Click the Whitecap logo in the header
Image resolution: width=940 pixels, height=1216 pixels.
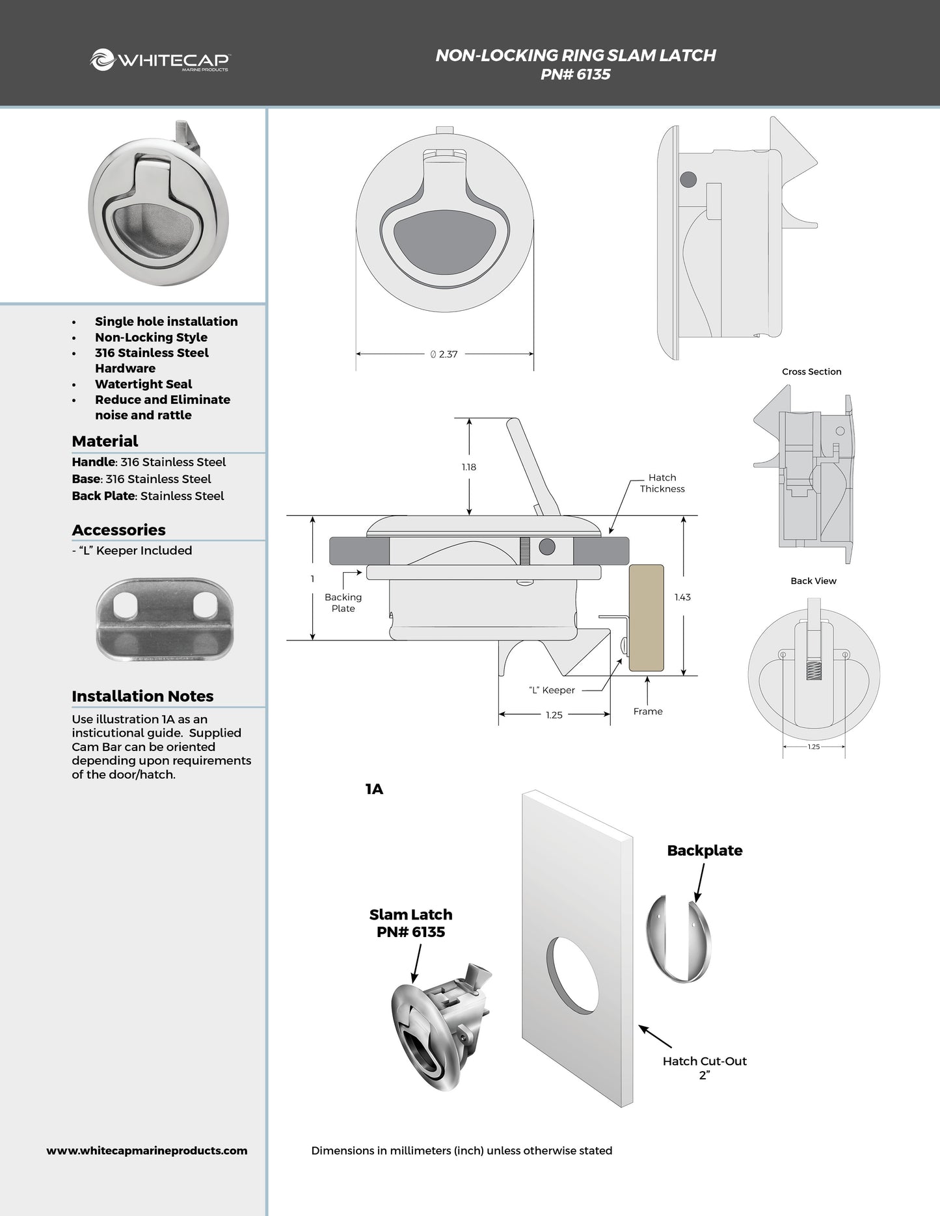[x=160, y=60]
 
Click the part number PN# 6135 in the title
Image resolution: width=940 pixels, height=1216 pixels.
[x=575, y=75]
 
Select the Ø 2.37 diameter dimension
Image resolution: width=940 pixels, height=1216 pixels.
[x=444, y=354]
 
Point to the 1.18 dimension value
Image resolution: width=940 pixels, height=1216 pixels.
[x=468, y=467]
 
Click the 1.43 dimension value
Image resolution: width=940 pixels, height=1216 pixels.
[x=682, y=597]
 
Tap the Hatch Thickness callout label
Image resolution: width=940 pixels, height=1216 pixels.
[x=662, y=483]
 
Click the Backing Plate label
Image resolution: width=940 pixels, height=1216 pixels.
[x=343, y=603]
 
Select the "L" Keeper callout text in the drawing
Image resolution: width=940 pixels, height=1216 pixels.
[x=552, y=690]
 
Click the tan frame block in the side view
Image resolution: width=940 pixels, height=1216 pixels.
[x=646, y=618]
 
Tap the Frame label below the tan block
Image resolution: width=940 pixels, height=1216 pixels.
[x=648, y=711]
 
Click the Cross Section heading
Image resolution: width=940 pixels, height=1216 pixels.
[x=811, y=371]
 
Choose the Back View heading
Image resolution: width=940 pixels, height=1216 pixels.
[x=813, y=581]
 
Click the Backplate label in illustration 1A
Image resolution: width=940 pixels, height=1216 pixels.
[x=705, y=851]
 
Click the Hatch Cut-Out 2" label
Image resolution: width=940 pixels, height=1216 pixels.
[x=705, y=1068]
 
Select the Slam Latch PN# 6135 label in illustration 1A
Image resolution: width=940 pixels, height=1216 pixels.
[x=410, y=923]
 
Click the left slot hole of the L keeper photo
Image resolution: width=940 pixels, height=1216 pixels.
[x=126, y=607]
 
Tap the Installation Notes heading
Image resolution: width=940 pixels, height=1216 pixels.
[x=142, y=696]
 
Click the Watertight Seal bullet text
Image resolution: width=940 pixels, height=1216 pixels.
[x=143, y=384]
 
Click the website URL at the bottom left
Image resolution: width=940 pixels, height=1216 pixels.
[x=147, y=1150]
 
